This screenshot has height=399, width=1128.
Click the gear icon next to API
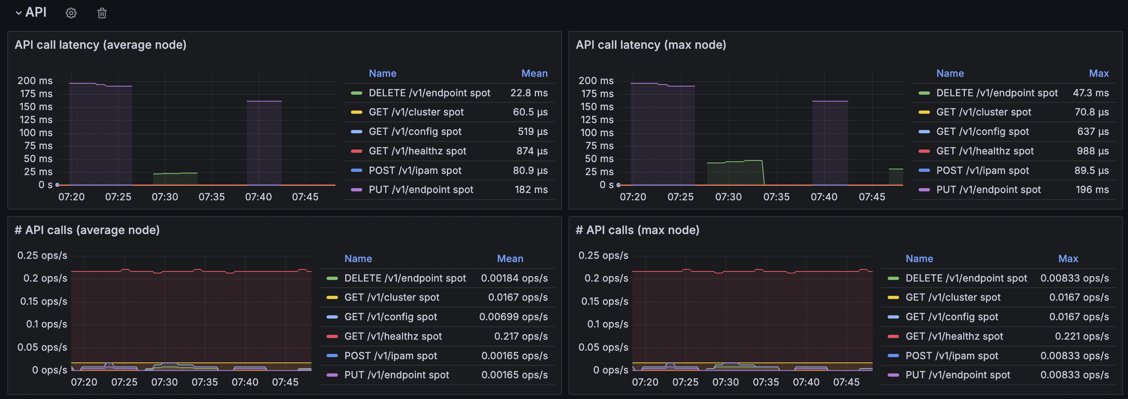(x=71, y=13)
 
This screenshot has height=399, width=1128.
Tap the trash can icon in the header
(x=102, y=13)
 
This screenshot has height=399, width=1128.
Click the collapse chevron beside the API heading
(x=18, y=13)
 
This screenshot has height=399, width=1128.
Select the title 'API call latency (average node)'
(x=101, y=45)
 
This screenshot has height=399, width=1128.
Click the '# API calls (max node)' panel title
(x=638, y=230)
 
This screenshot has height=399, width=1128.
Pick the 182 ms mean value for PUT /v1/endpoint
(x=531, y=190)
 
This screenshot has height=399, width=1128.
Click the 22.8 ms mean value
(x=529, y=93)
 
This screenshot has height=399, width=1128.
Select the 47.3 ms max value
(x=1091, y=93)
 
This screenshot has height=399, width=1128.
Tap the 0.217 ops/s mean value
(x=521, y=336)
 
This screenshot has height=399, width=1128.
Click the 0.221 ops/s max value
(x=1082, y=336)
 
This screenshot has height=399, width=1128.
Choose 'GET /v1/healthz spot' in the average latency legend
(x=417, y=151)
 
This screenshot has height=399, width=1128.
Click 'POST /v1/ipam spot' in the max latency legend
(x=982, y=171)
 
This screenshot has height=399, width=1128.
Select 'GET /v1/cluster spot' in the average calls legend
(x=392, y=297)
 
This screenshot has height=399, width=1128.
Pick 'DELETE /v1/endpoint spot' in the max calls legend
(x=967, y=278)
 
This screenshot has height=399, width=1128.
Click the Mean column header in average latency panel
(x=535, y=74)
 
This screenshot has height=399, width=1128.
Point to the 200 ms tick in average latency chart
(x=35, y=80)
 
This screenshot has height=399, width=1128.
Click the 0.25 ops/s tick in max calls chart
(x=603, y=256)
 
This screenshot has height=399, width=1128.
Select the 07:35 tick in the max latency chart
(x=776, y=197)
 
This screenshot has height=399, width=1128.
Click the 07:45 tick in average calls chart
(x=285, y=382)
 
